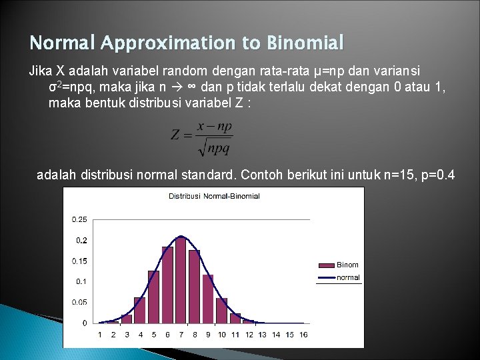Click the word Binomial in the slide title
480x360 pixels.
(x=305, y=44)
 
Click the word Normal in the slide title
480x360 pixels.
(x=63, y=44)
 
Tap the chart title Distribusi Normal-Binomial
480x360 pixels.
(x=214, y=196)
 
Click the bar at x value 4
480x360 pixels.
(x=140, y=310)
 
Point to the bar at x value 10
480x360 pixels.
(x=222, y=311)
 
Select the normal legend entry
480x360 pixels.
(x=347, y=277)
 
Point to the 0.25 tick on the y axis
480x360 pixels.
(x=79, y=219)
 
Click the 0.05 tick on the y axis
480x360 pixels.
(x=79, y=302)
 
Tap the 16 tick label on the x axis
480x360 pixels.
(x=303, y=335)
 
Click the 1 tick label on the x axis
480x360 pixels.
(x=100, y=335)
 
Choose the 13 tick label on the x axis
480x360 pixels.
(x=263, y=335)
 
